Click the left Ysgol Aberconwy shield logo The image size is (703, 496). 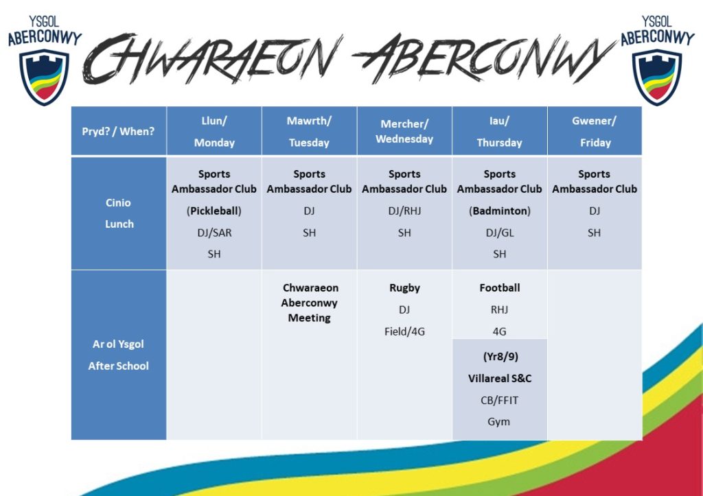[45, 77]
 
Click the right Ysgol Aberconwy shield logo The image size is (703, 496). [657, 77]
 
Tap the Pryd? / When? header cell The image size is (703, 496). [118, 131]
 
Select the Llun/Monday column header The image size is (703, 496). [214, 131]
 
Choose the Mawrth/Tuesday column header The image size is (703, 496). [310, 131]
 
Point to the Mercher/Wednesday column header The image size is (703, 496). [404, 131]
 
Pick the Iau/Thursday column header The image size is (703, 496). [500, 131]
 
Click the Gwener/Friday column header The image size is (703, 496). [595, 131]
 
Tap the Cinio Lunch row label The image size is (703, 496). [118, 213]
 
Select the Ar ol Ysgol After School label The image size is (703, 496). [118, 355]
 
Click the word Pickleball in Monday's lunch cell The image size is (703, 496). [214, 211]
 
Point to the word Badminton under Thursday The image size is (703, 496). [500, 211]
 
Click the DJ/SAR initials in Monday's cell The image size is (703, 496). [214, 233]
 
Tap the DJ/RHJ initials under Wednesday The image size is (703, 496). [404, 211]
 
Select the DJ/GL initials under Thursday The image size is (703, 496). [500, 233]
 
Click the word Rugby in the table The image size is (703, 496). [404, 288]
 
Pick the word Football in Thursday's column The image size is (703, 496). [500, 287]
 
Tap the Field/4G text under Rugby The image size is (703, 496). [404, 331]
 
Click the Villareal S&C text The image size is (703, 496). [500, 379]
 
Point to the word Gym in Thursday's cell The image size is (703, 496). [498, 422]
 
